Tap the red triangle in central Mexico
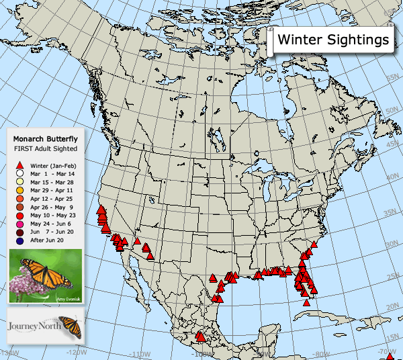(x=199, y=334)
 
